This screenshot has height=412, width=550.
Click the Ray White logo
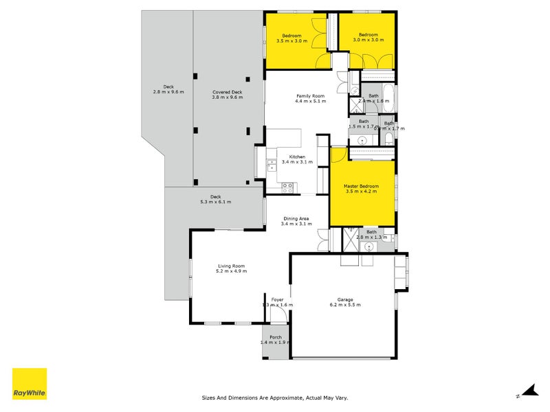[30, 384]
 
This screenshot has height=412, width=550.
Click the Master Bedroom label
[362, 186]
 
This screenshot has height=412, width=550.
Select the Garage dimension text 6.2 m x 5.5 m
[344, 304]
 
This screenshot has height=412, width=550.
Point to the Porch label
[276, 337]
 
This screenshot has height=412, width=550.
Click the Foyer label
[277, 299]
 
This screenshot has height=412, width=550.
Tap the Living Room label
[232, 266]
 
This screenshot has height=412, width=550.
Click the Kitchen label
[297, 157]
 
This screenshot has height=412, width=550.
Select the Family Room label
[310, 96]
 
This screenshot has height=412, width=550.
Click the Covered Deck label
[228, 92]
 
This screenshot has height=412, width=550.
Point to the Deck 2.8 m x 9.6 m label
[168, 87]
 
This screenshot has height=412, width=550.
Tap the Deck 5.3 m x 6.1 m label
[215, 197]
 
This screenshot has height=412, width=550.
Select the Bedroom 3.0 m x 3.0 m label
[368, 35]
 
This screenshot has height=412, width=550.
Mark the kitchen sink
[271, 165]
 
